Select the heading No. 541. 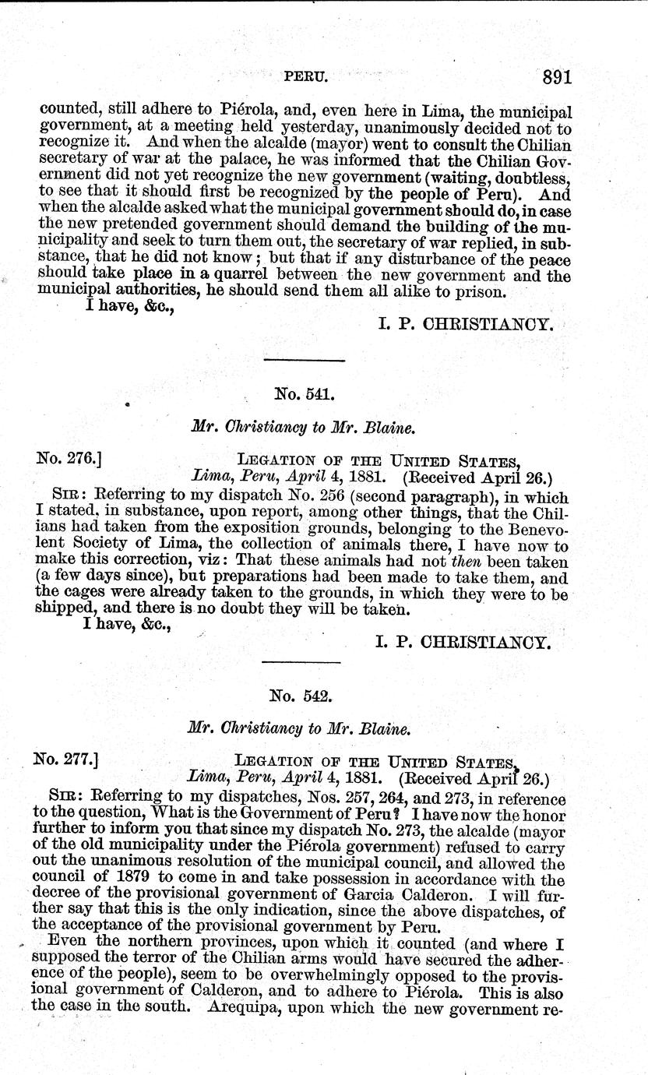pyautogui.click(x=305, y=394)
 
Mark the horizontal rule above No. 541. pyautogui.click(x=305, y=361)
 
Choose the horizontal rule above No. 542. pyautogui.click(x=301, y=662)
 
